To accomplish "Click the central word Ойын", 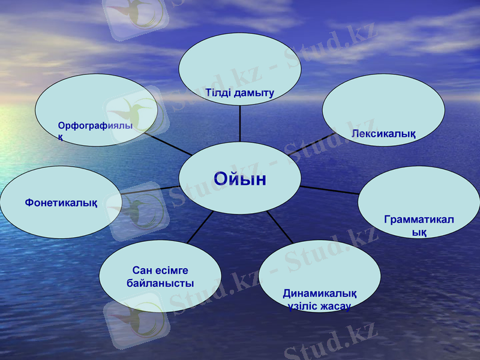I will click(240, 179).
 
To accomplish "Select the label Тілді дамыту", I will click(239, 93).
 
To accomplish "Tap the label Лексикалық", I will click(383, 133).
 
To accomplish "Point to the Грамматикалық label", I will click(419, 226).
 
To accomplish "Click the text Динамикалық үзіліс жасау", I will click(319, 299).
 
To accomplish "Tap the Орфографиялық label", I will click(95, 131).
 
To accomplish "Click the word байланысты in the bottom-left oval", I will click(160, 283).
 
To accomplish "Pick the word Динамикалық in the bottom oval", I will click(320, 293).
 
